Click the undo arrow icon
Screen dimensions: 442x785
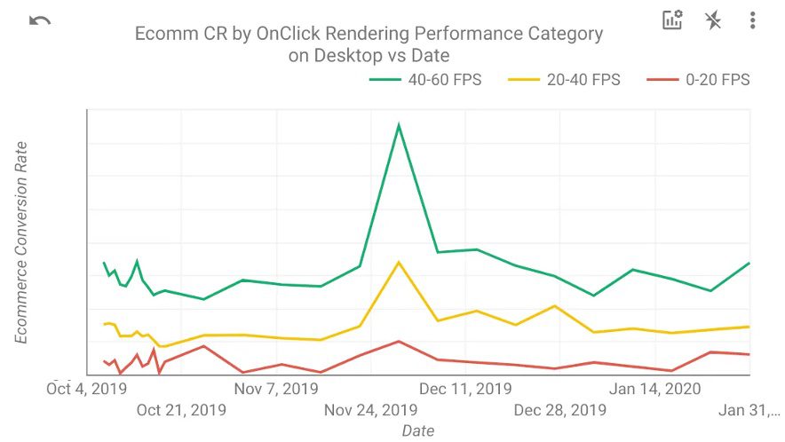click(40, 20)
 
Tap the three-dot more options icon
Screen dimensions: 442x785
click(752, 20)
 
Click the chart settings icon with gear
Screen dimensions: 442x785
click(672, 20)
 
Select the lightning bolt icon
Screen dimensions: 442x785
click(712, 20)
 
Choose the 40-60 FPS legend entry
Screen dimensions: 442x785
click(425, 80)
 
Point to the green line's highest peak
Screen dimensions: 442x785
click(399, 125)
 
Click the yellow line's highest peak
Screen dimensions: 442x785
click(399, 262)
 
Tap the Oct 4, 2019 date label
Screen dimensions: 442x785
click(87, 388)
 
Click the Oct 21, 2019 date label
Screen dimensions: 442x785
click(181, 410)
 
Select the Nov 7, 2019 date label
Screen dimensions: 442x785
click(275, 388)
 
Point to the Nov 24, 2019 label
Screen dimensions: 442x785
click(370, 410)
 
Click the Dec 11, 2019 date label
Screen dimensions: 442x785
click(465, 388)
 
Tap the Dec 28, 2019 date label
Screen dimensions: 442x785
click(560, 410)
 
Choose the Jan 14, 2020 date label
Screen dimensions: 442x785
click(656, 388)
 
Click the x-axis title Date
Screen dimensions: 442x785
click(417, 430)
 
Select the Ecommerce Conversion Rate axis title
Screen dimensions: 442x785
click(21, 241)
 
